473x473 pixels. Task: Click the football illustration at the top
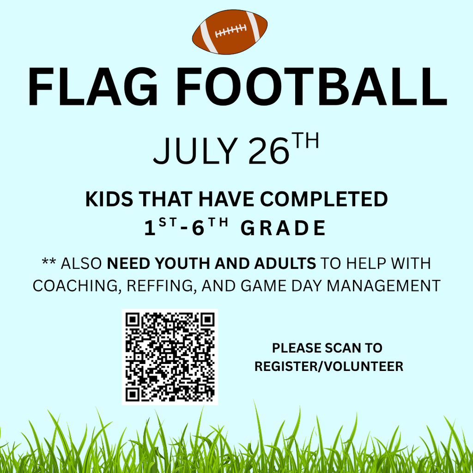pyautogui.click(x=230, y=32)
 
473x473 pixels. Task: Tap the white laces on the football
pyautogui.click(x=231, y=30)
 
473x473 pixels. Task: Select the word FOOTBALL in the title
pyautogui.click(x=312, y=86)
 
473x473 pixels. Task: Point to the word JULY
pyautogui.click(x=195, y=151)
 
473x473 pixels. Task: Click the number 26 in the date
pyautogui.click(x=269, y=151)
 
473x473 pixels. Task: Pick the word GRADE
pyautogui.click(x=283, y=228)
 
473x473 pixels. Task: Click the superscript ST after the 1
pyautogui.click(x=168, y=223)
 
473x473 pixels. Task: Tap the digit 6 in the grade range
pyautogui.click(x=198, y=228)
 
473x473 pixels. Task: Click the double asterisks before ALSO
pyautogui.click(x=49, y=261)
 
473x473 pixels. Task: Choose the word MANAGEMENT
pyautogui.click(x=384, y=285)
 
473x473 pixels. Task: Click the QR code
pyautogui.click(x=170, y=357)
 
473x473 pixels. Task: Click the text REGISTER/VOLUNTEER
pyautogui.click(x=329, y=366)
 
